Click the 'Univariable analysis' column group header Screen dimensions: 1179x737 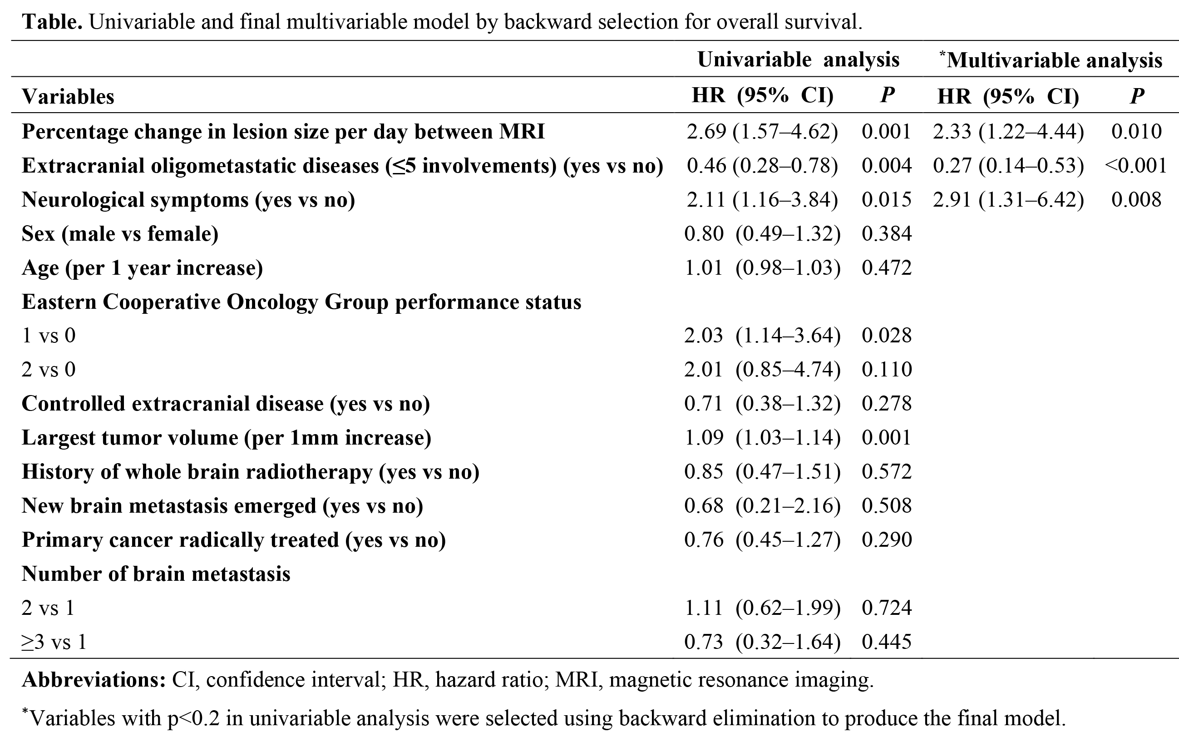pyautogui.click(x=798, y=60)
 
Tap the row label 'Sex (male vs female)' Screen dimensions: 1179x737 pyautogui.click(x=120, y=234)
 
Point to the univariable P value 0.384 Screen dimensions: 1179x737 pyautogui.click(x=887, y=234)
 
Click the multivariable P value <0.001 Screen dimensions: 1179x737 pyautogui.click(x=1135, y=166)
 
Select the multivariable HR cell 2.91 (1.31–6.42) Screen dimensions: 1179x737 pyautogui.click(x=1008, y=200)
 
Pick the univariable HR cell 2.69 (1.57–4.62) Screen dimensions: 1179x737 pyautogui.click(x=762, y=132)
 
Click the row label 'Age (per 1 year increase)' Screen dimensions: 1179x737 pyautogui.click(x=142, y=268)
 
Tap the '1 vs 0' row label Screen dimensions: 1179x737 pyautogui.click(x=49, y=336)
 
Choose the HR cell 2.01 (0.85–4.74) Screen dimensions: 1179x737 pyautogui.click(x=762, y=370)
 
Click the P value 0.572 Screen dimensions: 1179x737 pyautogui.click(x=887, y=472)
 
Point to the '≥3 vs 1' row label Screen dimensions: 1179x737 pyautogui.click(x=54, y=642)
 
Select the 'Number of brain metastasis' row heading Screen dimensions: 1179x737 pyautogui.click(x=156, y=574)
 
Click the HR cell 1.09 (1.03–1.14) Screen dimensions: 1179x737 pyautogui.click(x=762, y=438)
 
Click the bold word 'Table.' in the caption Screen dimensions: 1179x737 pyautogui.click(x=52, y=22)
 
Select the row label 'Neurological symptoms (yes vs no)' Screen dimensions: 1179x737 pyautogui.click(x=188, y=200)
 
